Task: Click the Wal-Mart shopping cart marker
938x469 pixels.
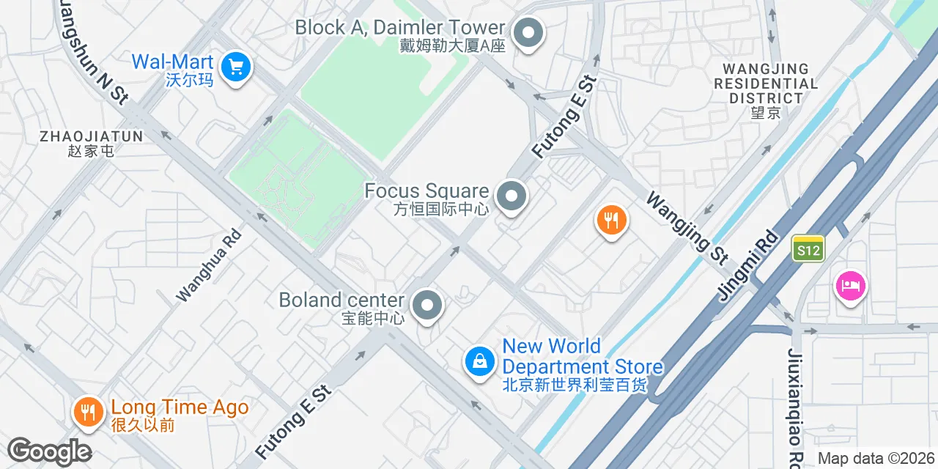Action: pyautogui.click(x=235, y=69)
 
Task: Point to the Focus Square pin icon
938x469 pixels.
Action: pyautogui.click(x=512, y=197)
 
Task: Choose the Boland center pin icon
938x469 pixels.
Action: pyautogui.click(x=427, y=306)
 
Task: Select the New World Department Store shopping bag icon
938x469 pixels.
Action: pyautogui.click(x=480, y=361)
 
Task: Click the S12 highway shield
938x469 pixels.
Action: pyautogui.click(x=808, y=249)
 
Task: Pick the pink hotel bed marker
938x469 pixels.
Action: pyautogui.click(x=850, y=286)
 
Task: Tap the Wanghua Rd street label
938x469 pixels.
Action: pyautogui.click(x=209, y=266)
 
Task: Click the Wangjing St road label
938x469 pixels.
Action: pyautogui.click(x=687, y=227)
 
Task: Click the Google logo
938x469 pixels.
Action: pyautogui.click(x=49, y=451)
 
